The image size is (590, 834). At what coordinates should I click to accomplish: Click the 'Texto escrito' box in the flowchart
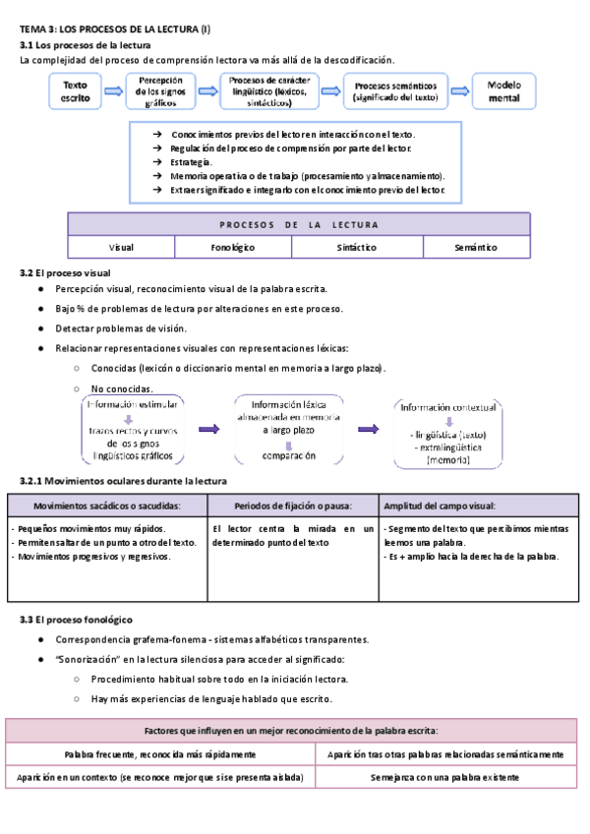pos(75,91)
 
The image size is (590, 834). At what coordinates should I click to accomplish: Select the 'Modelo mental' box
pos(504,91)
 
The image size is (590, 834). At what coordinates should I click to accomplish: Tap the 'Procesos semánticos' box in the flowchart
pos(396,91)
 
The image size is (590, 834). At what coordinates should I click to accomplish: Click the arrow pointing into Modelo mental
pos(459,91)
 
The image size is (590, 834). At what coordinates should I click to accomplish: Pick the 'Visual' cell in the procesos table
pos(121,248)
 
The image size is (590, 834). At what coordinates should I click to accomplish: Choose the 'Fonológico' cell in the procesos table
pos(232,248)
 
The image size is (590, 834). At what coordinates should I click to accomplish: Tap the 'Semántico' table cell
pos(476,248)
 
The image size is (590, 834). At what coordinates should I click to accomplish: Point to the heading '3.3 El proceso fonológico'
pos(76,620)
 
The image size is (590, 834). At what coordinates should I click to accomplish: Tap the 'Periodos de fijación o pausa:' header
pos(293,506)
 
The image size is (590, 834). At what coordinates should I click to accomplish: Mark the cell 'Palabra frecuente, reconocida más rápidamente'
pos(160,754)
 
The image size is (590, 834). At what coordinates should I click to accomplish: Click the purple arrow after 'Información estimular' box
pos(208,430)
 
